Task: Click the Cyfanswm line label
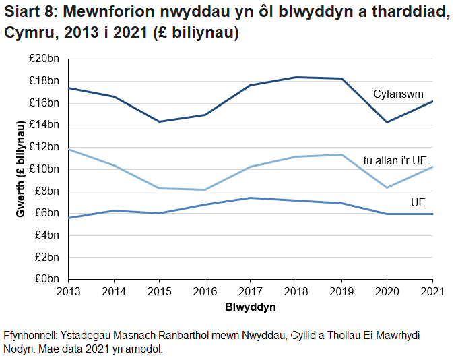398,94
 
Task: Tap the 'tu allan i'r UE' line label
395,160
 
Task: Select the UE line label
418,202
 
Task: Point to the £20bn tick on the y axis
45,59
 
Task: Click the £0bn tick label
48,278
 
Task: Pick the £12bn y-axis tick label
45,147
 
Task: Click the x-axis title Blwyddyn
250,307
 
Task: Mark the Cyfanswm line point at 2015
160,121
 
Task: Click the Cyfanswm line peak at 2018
296,78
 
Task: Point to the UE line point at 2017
250,198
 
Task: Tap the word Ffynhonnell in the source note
30,335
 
